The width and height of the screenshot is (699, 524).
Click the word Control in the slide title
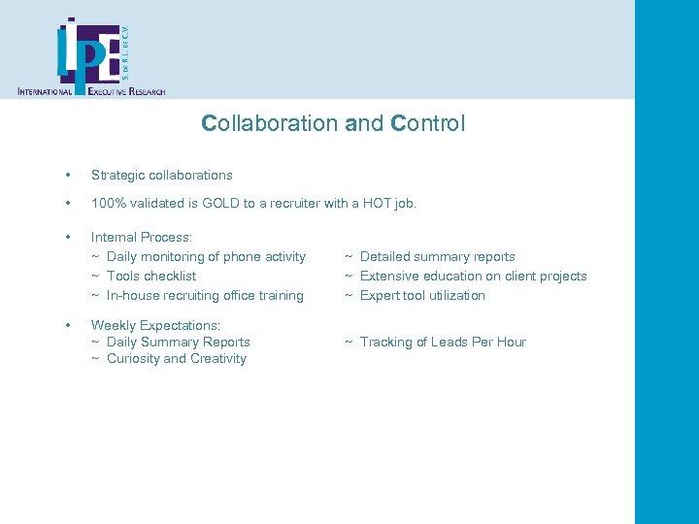(427, 124)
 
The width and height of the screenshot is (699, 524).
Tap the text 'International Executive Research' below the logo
(91, 91)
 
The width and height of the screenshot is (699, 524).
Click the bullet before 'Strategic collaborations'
(67, 176)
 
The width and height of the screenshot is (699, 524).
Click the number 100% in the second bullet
(109, 204)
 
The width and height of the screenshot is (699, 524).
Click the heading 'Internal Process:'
(142, 237)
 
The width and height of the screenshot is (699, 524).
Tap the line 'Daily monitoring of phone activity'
(206, 257)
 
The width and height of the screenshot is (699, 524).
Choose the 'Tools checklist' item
(151, 277)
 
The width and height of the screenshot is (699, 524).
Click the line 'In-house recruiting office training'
(205, 296)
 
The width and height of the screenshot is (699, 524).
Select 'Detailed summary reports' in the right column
(437, 257)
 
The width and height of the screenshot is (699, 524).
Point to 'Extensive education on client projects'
(473, 277)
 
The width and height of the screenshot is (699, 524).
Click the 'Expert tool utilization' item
(422, 296)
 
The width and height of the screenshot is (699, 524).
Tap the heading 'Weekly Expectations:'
(155, 325)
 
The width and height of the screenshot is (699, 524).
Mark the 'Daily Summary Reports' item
(178, 343)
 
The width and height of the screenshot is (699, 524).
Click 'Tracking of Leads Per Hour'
(443, 343)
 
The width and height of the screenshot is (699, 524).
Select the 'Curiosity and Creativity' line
(176, 359)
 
